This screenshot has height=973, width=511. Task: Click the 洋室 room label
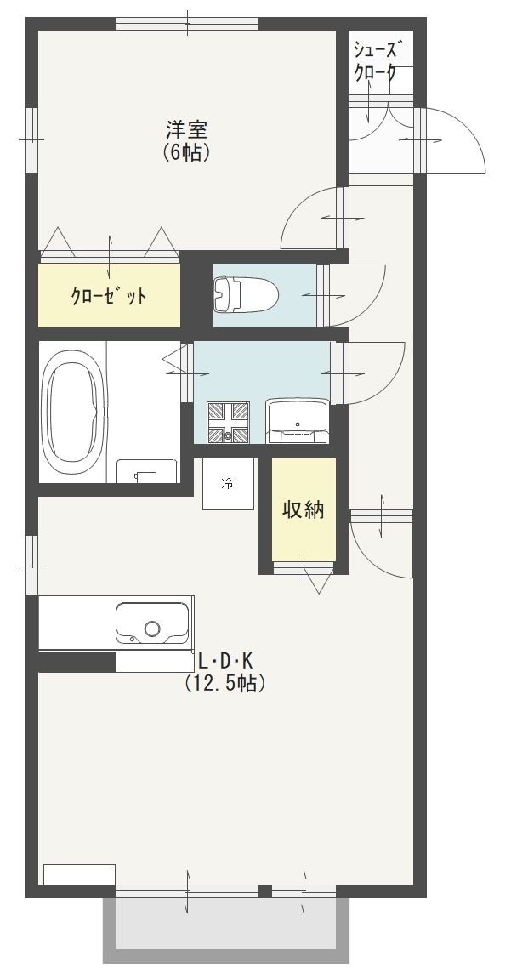(x=186, y=129)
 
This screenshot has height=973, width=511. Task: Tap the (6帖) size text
(x=186, y=152)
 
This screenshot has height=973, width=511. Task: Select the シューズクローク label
(x=375, y=60)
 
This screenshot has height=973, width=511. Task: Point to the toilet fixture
(x=246, y=295)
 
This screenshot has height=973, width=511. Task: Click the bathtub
(x=72, y=411)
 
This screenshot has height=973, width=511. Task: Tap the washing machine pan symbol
(x=228, y=423)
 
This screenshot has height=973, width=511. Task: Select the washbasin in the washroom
(x=298, y=421)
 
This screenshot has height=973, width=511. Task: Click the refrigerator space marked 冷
(x=228, y=484)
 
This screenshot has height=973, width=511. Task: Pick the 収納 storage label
(x=304, y=509)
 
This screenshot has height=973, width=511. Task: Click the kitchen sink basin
(x=152, y=623)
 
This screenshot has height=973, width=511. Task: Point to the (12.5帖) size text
(x=225, y=683)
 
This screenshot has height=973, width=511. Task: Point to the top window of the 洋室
(x=187, y=24)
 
